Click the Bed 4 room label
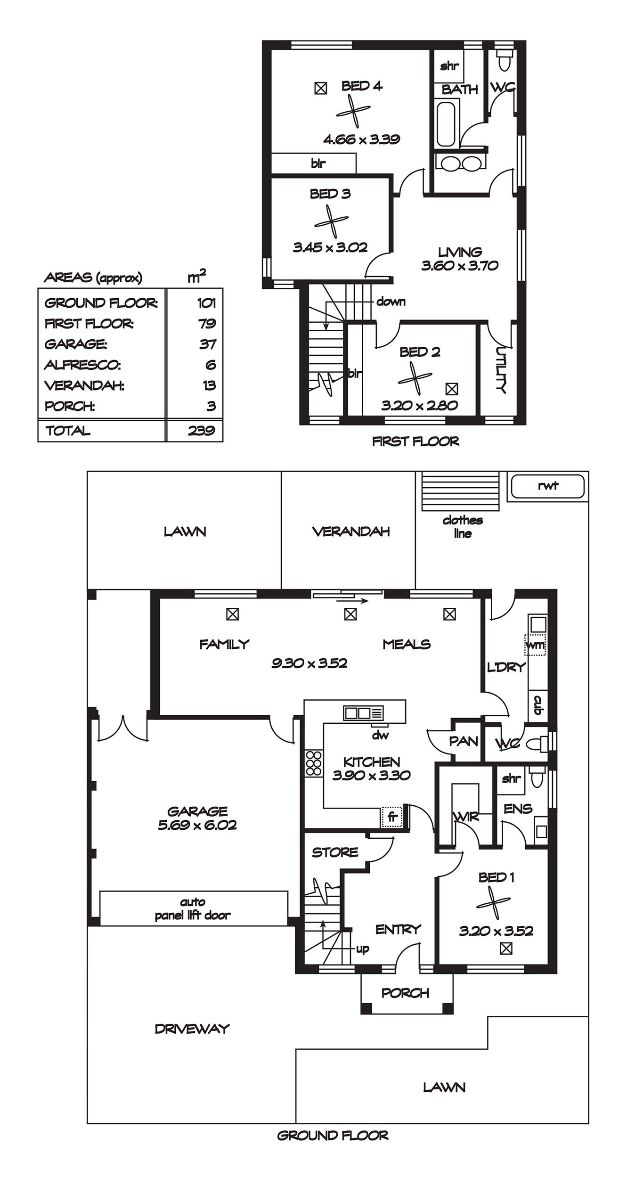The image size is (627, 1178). pyautogui.click(x=362, y=86)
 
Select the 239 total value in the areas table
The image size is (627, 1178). pyautogui.click(x=201, y=430)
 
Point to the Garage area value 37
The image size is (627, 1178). pyautogui.click(x=208, y=344)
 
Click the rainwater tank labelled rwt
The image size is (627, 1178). pyautogui.click(x=547, y=486)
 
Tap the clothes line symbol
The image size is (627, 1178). pyautogui.click(x=460, y=491)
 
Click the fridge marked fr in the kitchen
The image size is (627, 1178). pyautogui.click(x=392, y=818)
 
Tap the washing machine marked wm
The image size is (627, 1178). pyautogui.click(x=535, y=645)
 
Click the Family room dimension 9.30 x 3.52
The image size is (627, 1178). pyautogui.click(x=309, y=663)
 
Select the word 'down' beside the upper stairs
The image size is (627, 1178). pyautogui.click(x=391, y=301)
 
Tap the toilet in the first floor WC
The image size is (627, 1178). pyautogui.click(x=505, y=60)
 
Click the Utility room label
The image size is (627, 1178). pyautogui.click(x=501, y=370)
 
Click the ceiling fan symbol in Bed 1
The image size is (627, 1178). pyautogui.click(x=493, y=903)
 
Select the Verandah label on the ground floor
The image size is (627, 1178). pyautogui.click(x=351, y=532)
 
